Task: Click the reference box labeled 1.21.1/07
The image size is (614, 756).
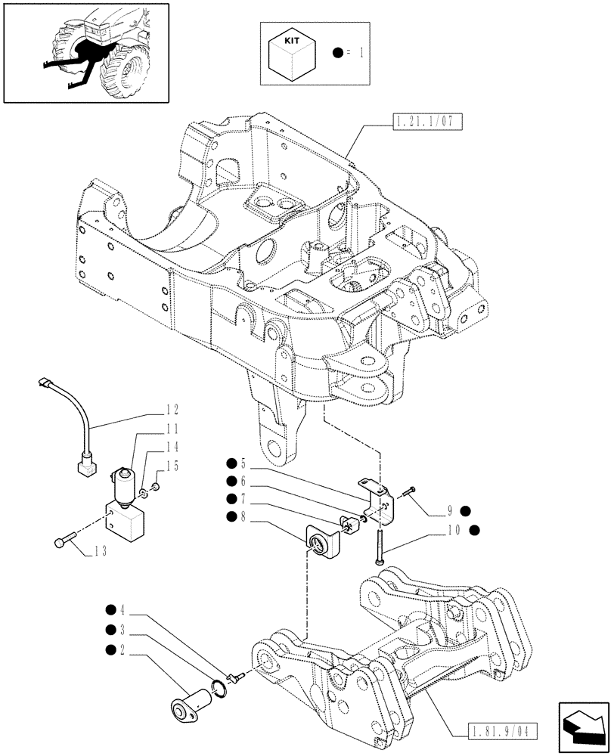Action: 426,121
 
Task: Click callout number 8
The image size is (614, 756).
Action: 243,516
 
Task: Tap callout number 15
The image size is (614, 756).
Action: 172,466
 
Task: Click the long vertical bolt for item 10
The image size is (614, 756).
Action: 377,544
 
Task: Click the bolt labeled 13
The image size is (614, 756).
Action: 65,540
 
